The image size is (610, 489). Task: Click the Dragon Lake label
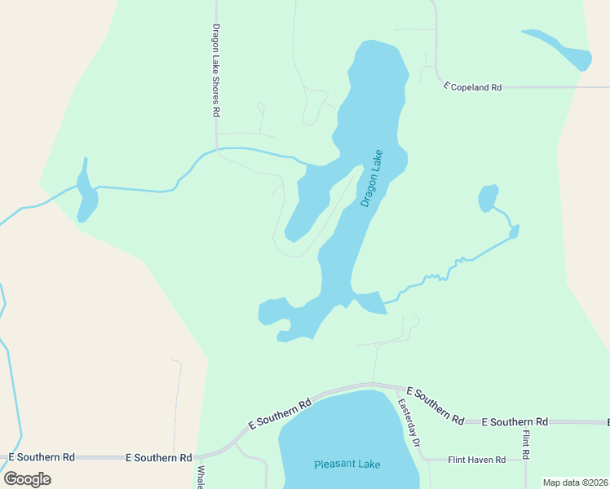click(x=371, y=178)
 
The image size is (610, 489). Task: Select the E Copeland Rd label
click(x=472, y=86)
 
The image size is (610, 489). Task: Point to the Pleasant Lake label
click(x=347, y=465)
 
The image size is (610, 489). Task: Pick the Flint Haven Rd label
click(x=477, y=460)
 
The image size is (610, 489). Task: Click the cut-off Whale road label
click(x=200, y=477)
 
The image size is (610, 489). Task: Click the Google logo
click(x=27, y=478)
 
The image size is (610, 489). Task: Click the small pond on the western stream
click(x=85, y=196)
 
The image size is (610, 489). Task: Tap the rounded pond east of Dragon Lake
click(x=488, y=198)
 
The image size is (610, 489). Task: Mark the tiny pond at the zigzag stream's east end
click(x=514, y=233)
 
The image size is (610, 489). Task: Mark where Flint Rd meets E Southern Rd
click(x=525, y=422)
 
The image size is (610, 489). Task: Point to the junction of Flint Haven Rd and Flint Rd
click(x=525, y=460)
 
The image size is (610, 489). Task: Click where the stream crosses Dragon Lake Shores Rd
click(x=217, y=149)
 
